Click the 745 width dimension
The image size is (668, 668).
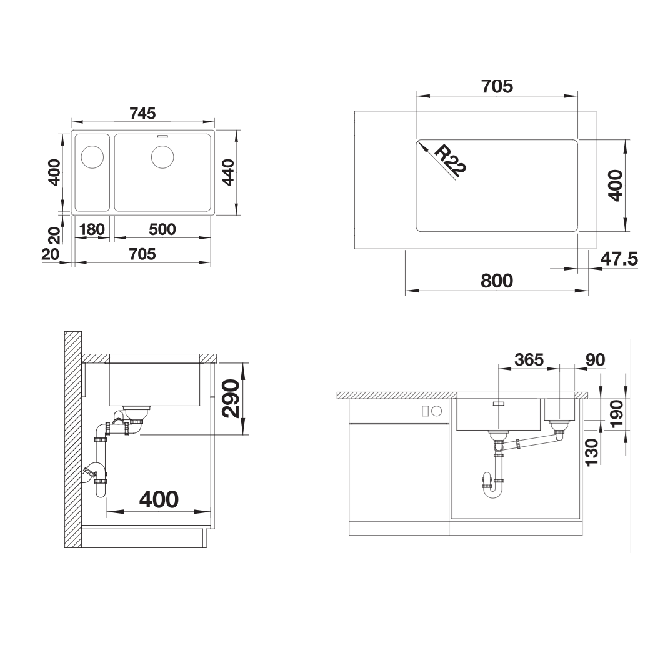pos(142,114)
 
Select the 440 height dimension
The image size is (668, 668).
pos(229,172)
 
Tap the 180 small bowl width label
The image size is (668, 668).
pos(92,229)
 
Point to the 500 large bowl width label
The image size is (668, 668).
pos(162,229)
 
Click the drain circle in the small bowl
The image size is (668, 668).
pos(92,156)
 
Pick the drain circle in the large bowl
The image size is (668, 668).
pos(162,156)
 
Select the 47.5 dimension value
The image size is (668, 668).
pos(619,259)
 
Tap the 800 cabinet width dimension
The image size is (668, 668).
pos(497,281)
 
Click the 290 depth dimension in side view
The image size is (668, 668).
pos(231,398)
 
